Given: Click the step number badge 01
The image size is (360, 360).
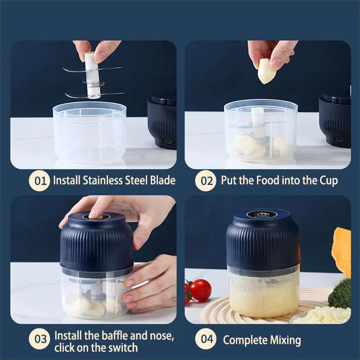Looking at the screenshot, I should pyautogui.click(x=40, y=181).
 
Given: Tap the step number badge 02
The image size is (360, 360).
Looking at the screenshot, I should pyautogui.click(x=206, y=181).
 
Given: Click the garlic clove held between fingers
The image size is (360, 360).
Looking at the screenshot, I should pyautogui.click(x=266, y=71).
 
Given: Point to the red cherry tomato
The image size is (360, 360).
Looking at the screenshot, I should pyautogui.click(x=200, y=290).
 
